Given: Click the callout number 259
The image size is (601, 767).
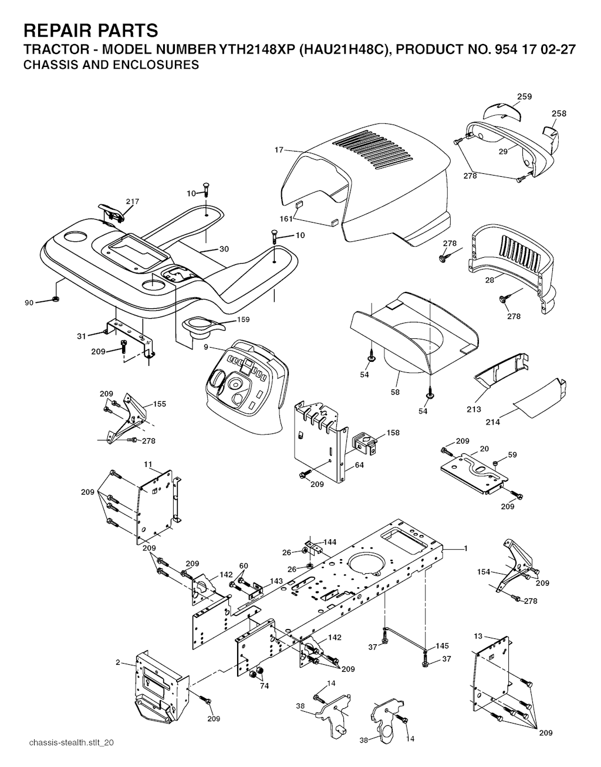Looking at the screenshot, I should tap(524, 97).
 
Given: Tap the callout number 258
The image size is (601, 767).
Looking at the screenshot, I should tap(559, 113).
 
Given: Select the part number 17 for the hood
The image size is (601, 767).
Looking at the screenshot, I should tap(279, 150).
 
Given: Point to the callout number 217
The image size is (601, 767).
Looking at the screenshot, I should tap(132, 201).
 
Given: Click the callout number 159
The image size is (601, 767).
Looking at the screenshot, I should tap(243, 319).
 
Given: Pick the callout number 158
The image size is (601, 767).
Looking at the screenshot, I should tap(393, 433).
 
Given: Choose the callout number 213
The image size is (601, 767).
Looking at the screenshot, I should tap(474, 409).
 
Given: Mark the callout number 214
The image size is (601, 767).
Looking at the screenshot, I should tap(493, 422).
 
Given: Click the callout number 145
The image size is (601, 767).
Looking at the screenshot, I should tap(442, 646).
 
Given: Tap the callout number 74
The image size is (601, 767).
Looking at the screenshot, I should tap(264, 685).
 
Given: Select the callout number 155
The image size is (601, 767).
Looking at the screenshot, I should tap(160, 404).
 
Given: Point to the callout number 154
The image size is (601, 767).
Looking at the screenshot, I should tap(483, 571).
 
